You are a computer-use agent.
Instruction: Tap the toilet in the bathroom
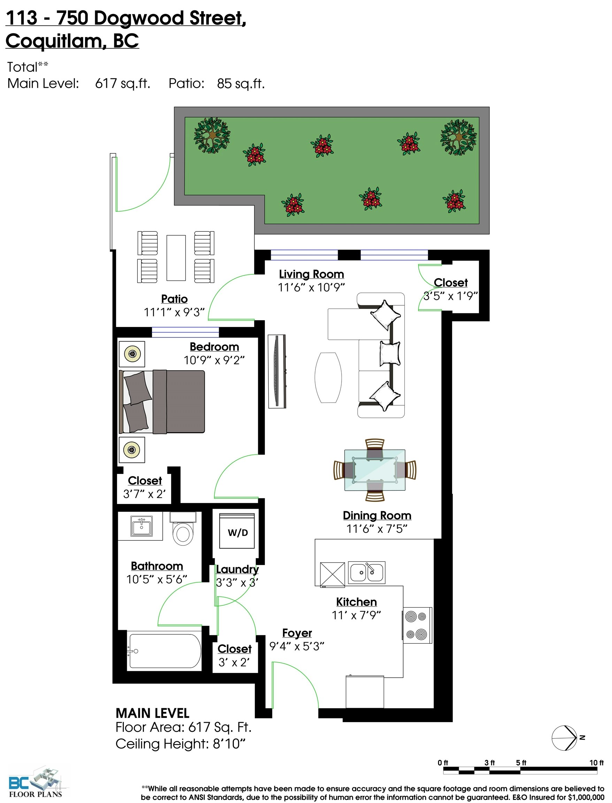click(183, 529)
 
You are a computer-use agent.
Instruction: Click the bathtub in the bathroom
click(164, 651)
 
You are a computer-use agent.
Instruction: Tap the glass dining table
click(375, 470)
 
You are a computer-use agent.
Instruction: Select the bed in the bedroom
click(162, 402)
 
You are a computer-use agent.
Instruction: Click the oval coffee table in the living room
click(328, 377)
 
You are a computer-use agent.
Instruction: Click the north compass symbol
click(566, 738)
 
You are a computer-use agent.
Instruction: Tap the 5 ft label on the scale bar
click(521, 763)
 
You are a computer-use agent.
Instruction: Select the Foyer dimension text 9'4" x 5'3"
click(297, 646)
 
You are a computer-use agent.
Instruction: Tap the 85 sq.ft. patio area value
click(241, 83)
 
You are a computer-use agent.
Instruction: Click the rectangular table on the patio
click(176, 258)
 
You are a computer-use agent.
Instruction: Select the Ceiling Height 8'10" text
click(180, 744)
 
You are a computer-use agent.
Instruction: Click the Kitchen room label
click(356, 602)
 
